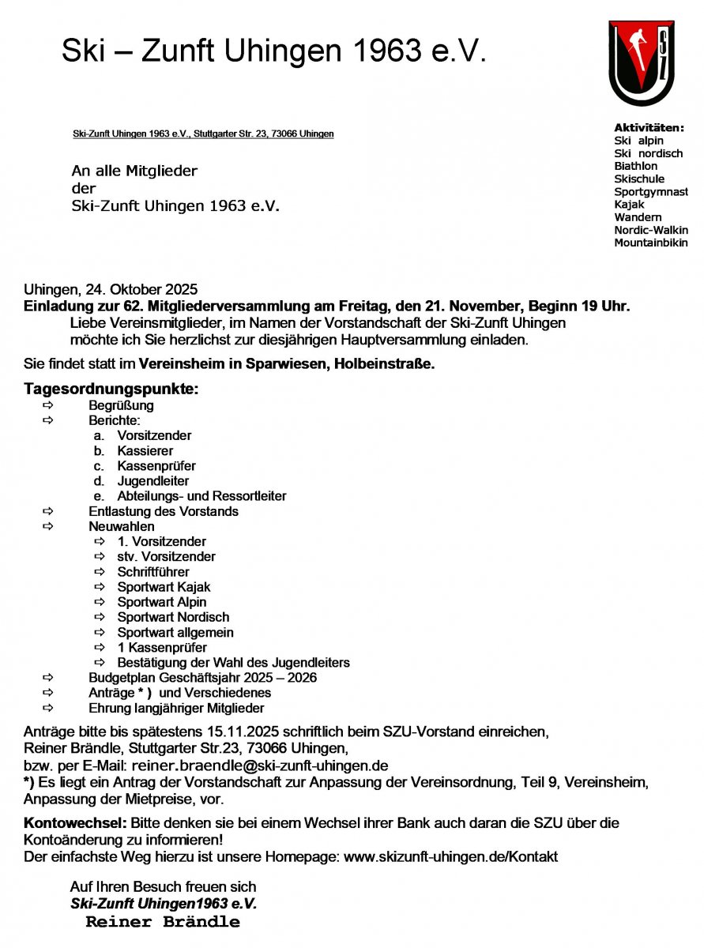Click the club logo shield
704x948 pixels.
coord(641,63)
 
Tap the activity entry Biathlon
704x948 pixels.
coord(635,166)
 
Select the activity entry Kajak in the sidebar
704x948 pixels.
coord(629,204)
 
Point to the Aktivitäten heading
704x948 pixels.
coord(649,127)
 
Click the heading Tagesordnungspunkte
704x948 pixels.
coord(111,389)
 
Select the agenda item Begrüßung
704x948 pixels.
coord(121,405)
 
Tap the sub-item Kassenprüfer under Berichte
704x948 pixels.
coord(156,466)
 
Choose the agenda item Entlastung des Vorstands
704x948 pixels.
coord(163,511)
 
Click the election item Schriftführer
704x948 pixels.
coord(153,572)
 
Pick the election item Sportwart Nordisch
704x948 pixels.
coord(173,617)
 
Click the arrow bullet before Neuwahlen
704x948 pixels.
coord(49,526)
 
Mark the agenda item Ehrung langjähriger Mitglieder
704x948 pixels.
coord(176,709)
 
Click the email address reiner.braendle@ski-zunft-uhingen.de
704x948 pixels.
coord(259,766)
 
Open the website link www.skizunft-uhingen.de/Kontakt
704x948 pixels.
coord(450,856)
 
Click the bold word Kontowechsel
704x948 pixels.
coord(75,822)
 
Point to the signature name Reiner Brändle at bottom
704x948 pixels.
coord(163,922)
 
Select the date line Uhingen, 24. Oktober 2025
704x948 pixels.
coord(111,289)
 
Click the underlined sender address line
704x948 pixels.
coord(203,134)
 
